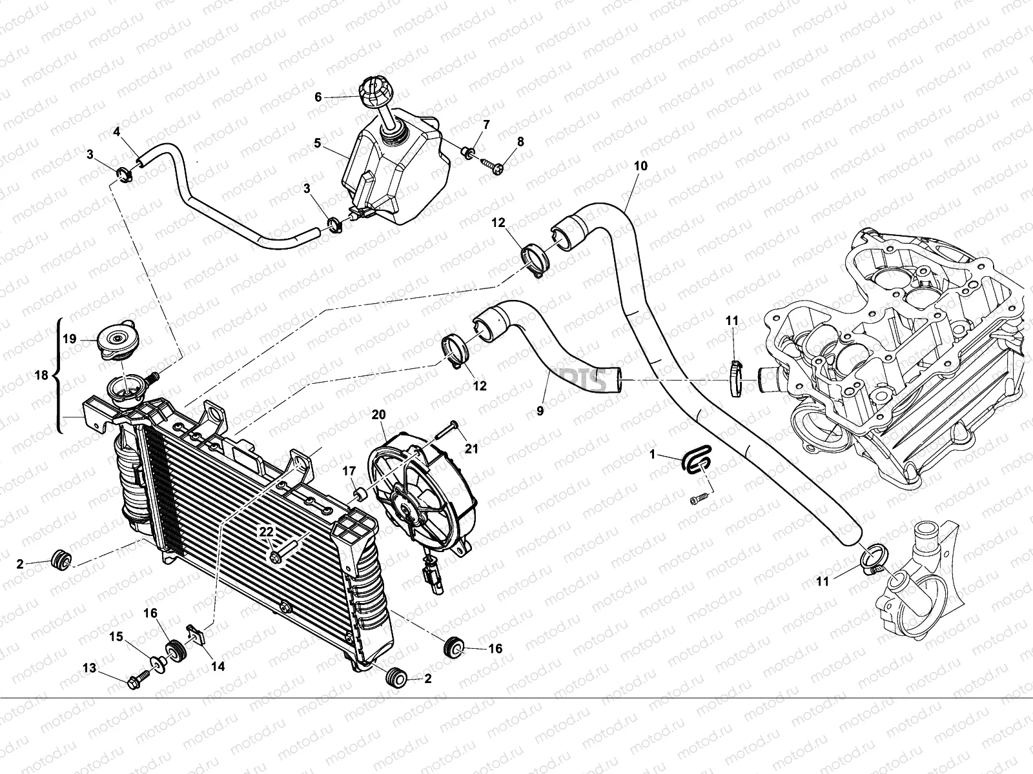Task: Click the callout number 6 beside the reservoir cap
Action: (x=318, y=97)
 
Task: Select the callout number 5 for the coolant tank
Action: (x=318, y=143)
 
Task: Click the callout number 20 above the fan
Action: (x=378, y=413)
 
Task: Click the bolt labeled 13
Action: (x=138, y=680)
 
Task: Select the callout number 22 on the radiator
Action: (x=266, y=531)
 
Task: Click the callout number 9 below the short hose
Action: (x=540, y=409)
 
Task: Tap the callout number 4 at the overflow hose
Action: (x=117, y=132)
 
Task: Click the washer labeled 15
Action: (x=158, y=662)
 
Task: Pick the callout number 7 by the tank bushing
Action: (x=486, y=124)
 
